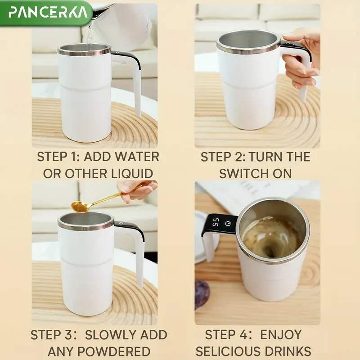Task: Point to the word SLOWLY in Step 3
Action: tap(110, 335)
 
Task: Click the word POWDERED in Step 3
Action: tap(125, 351)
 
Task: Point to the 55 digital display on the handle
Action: tap(216, 222)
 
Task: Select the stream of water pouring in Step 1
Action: tap(90, 36)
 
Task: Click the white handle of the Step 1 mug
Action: tap(133, 81)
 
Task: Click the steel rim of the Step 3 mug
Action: tap(85, 225)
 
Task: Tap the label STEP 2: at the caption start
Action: tap(221, 157)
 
